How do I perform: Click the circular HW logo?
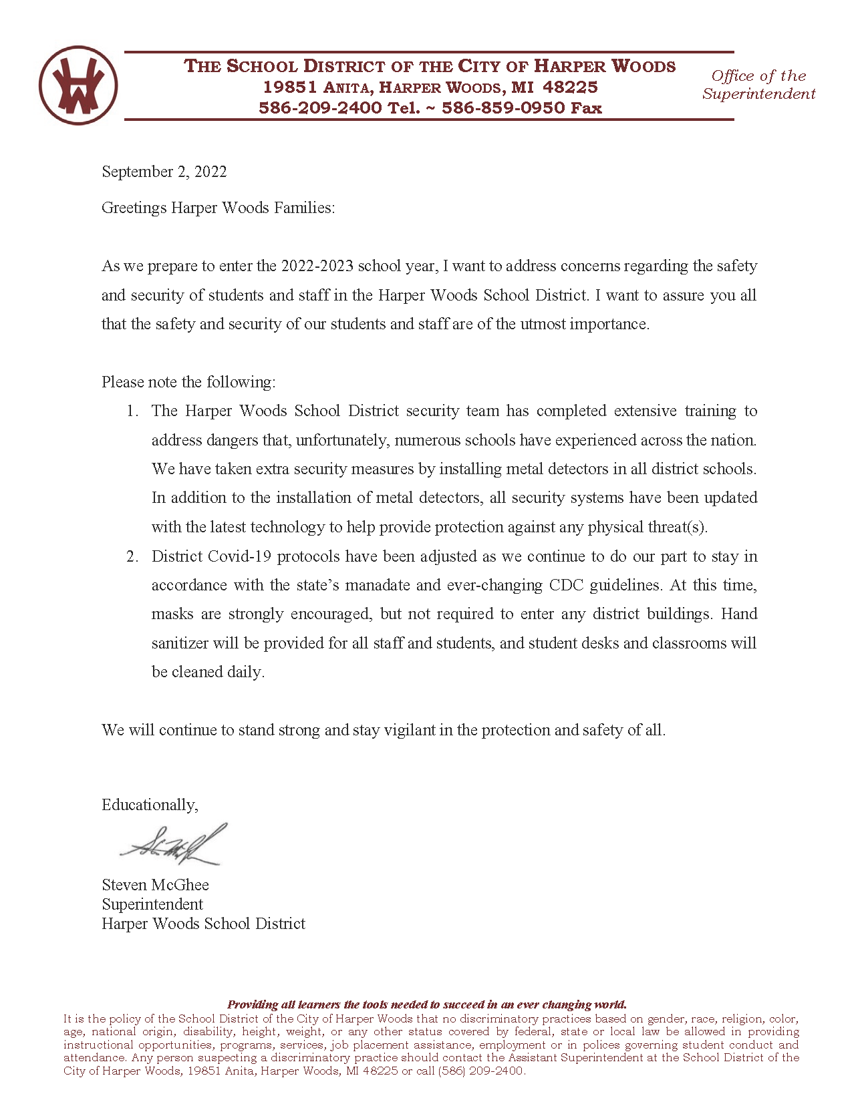tap(78, 85)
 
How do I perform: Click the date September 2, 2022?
tap(164, 172)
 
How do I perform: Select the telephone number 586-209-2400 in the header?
tap(320, 108)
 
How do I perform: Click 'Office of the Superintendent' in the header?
tap(758, 85)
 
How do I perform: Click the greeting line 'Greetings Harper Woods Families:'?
tap(218, 208)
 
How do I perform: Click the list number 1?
tap(132, 411)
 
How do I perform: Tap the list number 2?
tap(132, 556)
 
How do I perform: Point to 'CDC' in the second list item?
tap(566, 585)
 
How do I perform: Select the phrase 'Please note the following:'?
tap(188, 382)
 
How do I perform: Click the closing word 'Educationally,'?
tap(150, 805)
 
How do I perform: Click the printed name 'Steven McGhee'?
tap(155, 885)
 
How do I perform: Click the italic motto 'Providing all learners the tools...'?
tap(427, 1004)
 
